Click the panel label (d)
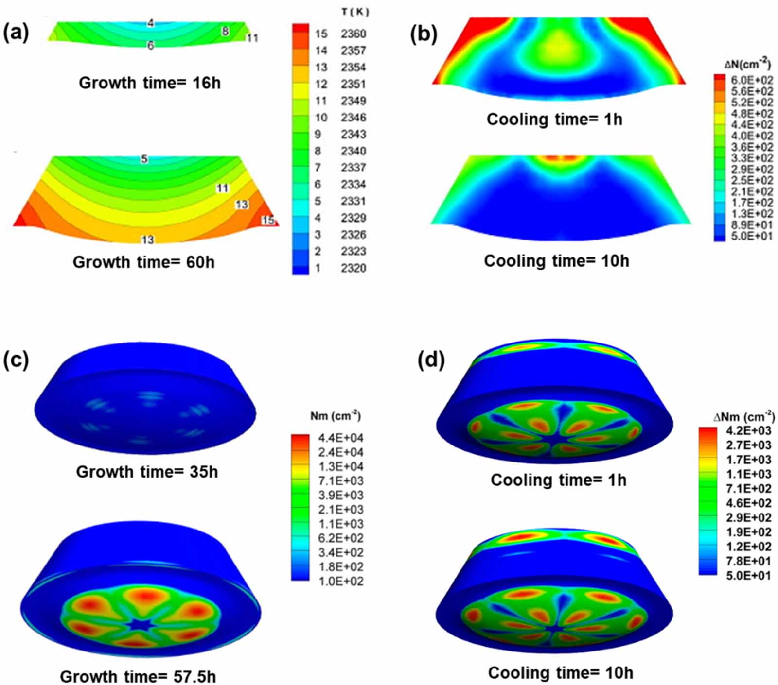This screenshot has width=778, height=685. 431,360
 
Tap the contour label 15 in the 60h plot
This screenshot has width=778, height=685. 268,220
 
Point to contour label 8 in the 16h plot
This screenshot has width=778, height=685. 225,31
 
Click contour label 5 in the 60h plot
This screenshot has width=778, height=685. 144,159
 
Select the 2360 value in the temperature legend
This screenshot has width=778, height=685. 353,34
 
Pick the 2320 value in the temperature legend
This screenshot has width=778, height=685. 353,268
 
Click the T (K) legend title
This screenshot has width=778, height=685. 355,12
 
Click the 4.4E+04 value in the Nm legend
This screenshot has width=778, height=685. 340,438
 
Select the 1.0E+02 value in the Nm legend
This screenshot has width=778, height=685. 340,581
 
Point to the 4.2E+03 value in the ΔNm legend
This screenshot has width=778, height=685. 748,430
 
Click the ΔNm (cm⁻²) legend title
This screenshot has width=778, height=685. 744,416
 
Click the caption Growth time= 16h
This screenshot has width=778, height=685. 149,83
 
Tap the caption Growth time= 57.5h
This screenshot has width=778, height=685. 138,676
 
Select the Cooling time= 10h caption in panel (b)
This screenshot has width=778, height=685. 556,261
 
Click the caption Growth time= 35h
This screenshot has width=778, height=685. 147,471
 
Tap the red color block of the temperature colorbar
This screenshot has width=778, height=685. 300,29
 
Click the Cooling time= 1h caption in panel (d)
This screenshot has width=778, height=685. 558,480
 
